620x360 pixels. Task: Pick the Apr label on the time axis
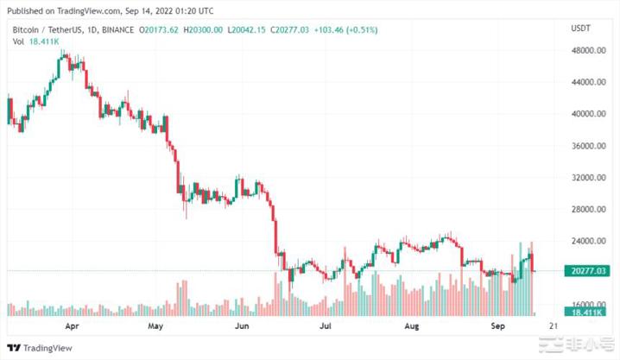pyautogui.click(x=72, y=328)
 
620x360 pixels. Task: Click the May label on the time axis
pyautogui.click(x=155, y=328)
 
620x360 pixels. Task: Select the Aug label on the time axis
pyautogui.click(x=411, y=328)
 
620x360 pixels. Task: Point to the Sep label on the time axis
pyautogui.click(x=498, y=328)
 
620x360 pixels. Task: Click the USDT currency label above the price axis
pyautogui.click(x=581, y=29)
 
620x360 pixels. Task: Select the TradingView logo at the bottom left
pyautogui.click(x=39, y=349)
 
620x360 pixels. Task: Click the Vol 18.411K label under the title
pyautogui.click(x=32, y=41)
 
